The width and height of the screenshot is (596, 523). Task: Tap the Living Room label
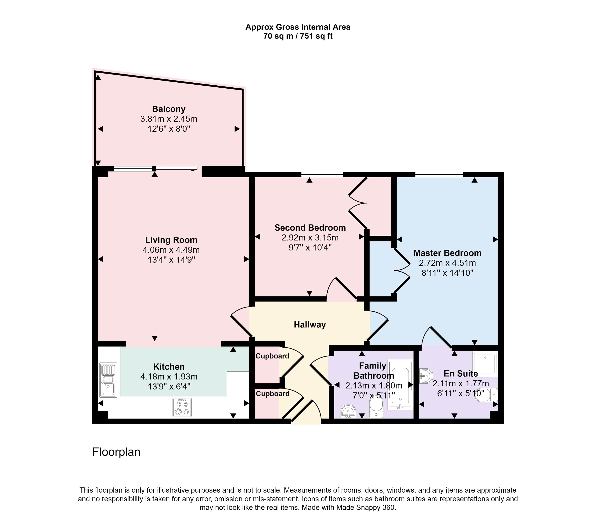click(x=171, y=240)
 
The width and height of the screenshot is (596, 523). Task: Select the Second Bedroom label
click(x=310, y=228)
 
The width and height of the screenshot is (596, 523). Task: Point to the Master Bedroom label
click(x=447, y=253)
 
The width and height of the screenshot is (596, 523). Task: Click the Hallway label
click(x=310, y=325)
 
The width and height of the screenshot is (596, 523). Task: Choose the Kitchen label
click(x=169, y=367)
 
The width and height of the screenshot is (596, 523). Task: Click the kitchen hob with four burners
click(x=182, y=407)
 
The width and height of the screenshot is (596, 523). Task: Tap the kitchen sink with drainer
click(x=108, y=380)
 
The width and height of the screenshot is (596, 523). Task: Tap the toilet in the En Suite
click(x=486, y=395)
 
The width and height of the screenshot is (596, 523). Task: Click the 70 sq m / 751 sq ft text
click(x=298, y=36)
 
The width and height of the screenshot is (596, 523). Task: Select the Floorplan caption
click(x=116, y=452)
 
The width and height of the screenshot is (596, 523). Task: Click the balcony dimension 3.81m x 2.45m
click(x=169, y=119)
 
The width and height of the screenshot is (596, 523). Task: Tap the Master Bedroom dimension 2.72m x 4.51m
click(x=447, y=263)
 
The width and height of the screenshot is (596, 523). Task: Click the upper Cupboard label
click(x=272, y=356)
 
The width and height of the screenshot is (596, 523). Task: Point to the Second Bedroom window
click(x=322, y=174)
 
